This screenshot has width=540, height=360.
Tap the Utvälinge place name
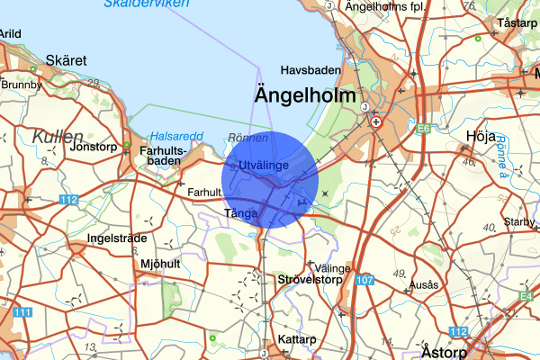[x=265, y=166]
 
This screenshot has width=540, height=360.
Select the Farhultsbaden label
[x=164, y=156]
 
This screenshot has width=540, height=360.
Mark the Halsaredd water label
[x=176, y=136]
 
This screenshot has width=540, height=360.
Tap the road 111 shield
[x=22, y=311]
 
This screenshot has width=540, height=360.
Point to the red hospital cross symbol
[x=376, y=121]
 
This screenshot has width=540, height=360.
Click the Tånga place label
[x=241, y=213]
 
